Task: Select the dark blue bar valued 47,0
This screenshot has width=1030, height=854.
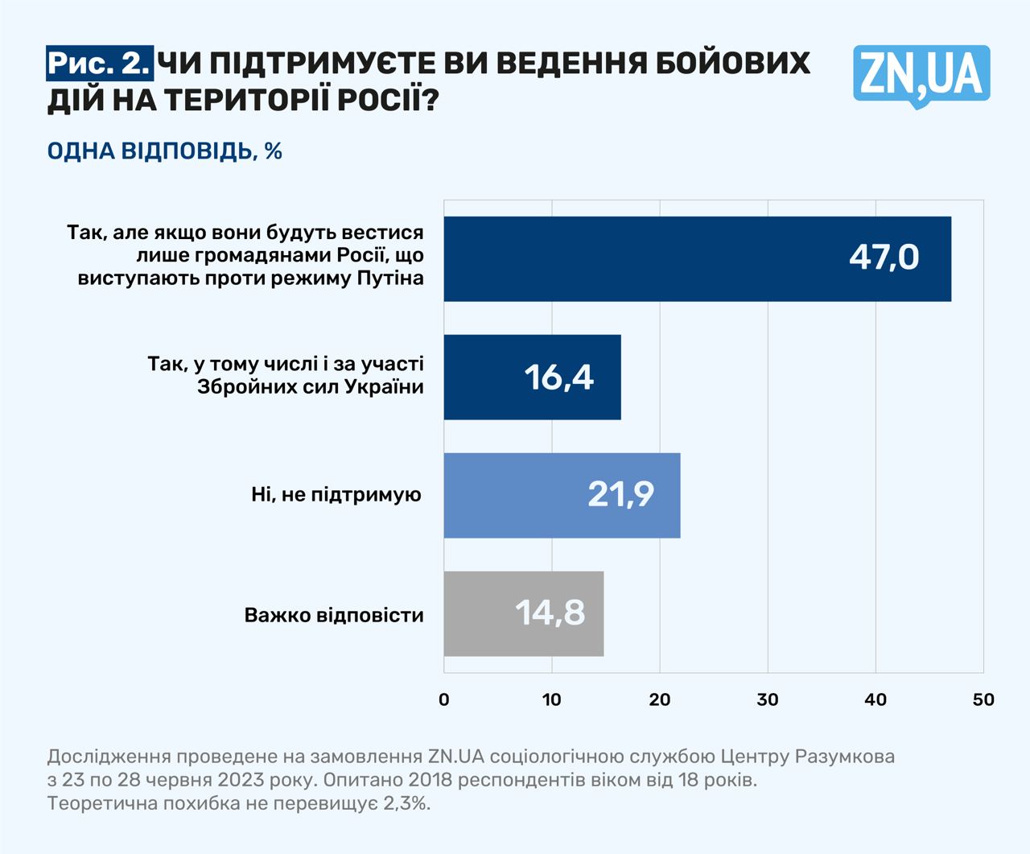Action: pyautogui.click(x=697, y=258)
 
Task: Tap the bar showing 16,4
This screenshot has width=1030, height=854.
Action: pyautogui.click(x=532, y=377)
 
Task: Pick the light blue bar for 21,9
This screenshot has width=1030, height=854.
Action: pyautogui.click(x=562, y=495)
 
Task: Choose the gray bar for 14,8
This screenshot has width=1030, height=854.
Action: pyautogui.click(x=523, y=613)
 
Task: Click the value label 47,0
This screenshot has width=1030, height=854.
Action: pyautogui.click(x=884, y=258)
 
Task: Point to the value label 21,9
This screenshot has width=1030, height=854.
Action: pyautogui.click(x=620, y=494)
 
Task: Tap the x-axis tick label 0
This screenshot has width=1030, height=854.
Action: pyautogui.click(x=444, y=699)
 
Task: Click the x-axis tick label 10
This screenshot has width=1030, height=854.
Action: pyautogui.click(x=552, y=699)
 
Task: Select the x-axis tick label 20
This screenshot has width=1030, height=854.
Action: pyautogui.click(x=660, y=699)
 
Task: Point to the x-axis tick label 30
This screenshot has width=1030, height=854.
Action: pyautogui.click(x=768, y=699)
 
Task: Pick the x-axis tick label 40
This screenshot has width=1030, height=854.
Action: pyautogui.click(x=875, y=699)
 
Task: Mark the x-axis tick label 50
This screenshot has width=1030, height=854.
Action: pyautogui.click(x=983, y=699)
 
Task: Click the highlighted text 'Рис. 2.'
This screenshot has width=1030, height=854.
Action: pyautogui.click(x=99, y=63)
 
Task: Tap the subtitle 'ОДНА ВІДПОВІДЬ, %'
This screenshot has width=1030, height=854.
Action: pyautogui.click(x=165, y=151)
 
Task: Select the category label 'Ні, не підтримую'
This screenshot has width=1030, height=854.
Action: pyautogui.click(x=336, y=494)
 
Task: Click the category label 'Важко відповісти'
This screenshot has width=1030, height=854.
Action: pyautogui.click(x=334, y=616)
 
